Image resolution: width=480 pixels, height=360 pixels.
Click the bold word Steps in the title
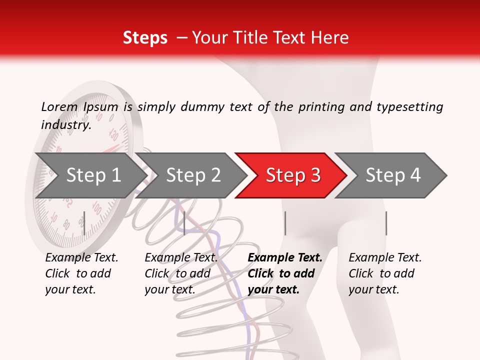click(145, 38)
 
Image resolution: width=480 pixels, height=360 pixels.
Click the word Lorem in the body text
click(59, 106)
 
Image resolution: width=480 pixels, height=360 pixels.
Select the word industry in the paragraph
click(65, 125)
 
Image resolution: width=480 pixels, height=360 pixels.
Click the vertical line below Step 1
click(84, 223)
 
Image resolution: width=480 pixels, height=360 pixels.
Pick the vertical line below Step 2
click(184, 223)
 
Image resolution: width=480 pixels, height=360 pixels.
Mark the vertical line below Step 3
click(285, 223)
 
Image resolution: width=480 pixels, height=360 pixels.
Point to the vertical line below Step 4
click(386, 223)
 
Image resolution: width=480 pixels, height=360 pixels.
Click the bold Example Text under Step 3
click(285, 258)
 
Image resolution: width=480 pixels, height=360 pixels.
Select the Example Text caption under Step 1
click(81, 258)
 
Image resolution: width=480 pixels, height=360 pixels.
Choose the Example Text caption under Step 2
click(181, 258)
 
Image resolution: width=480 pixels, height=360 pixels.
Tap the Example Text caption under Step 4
click(385, 258)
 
